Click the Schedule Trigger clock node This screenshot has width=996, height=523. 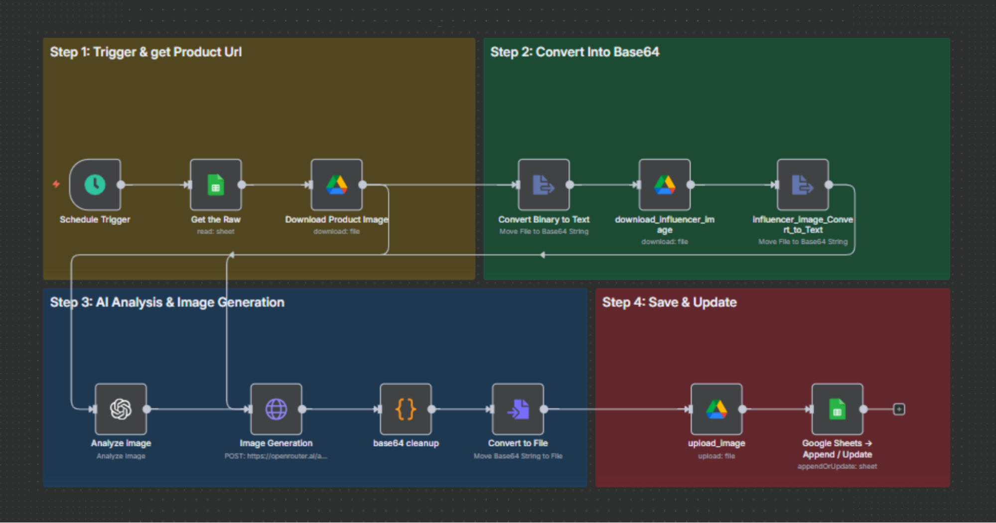[95, 185]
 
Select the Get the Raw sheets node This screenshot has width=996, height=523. [216, 185]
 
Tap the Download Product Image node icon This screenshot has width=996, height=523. [337, 185]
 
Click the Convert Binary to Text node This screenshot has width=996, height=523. [544, 185]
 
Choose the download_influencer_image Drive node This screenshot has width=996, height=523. [665, 185]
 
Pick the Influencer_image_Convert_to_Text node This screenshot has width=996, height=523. [803, 185]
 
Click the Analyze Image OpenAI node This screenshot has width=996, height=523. [121, 409]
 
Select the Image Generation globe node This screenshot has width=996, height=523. [276, 409]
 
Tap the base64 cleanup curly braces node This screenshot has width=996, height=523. [406, 409]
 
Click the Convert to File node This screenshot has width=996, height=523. [518, 409]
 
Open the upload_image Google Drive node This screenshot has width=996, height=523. [716, 409]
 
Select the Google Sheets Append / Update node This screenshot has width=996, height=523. [837, 409]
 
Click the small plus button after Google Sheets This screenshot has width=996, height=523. [899, 409]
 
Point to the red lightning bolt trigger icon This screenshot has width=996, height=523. [56, 184]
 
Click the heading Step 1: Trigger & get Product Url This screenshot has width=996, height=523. [145, 52]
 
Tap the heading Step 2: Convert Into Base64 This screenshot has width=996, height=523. [574, 52]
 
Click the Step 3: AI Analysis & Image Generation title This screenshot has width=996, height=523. [167, 302]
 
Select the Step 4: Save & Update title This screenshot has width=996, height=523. [669, 302]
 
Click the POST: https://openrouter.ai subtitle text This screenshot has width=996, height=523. [276, 456]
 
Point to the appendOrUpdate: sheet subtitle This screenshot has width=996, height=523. [837, 467]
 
